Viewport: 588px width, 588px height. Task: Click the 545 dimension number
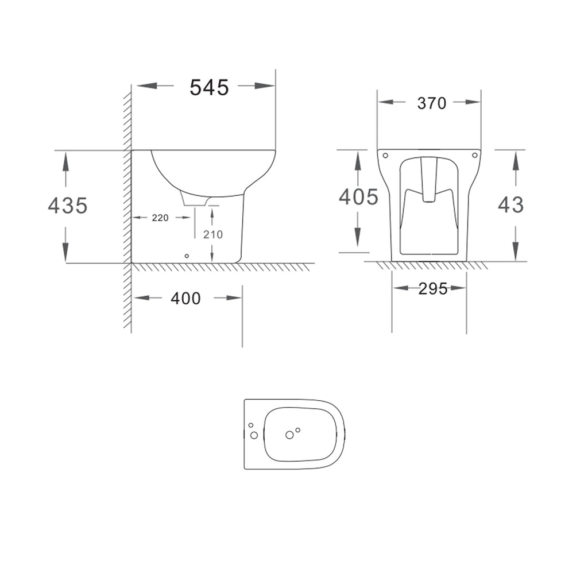209,88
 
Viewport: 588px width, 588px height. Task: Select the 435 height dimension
68,206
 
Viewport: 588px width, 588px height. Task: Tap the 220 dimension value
160,218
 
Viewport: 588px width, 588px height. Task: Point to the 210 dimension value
213,234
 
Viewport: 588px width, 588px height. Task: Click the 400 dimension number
185,299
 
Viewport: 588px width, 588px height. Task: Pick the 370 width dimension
432,103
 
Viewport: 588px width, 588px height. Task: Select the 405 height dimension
358,197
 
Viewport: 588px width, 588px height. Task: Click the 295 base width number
433,289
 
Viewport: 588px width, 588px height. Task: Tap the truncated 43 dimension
510,205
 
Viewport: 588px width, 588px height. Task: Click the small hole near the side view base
187,256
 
